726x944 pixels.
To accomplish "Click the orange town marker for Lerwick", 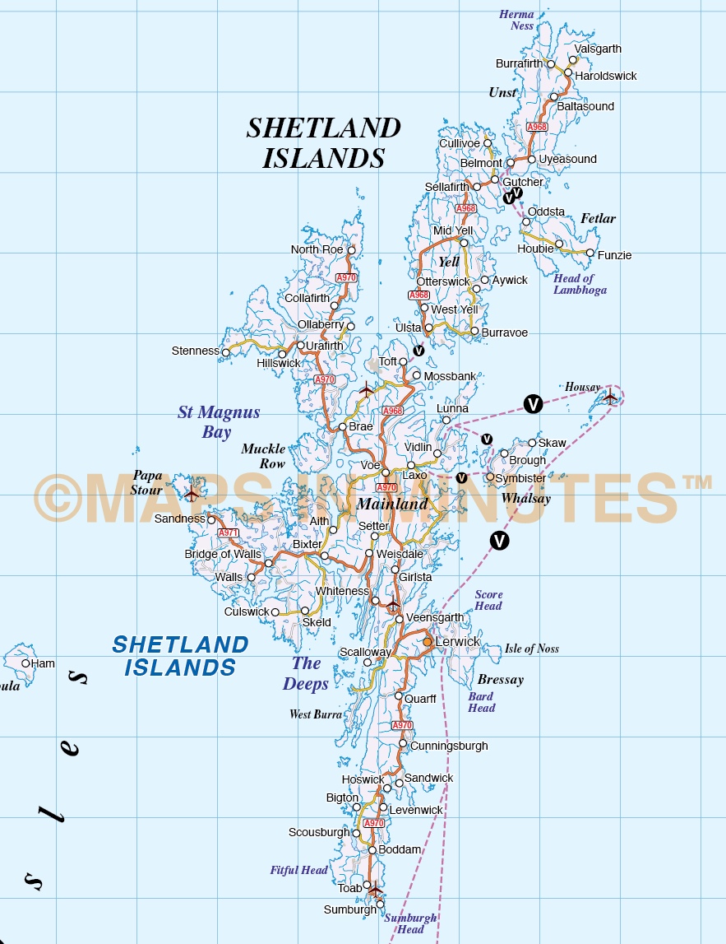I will [428, 641].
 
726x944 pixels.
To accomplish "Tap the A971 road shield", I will [228, 533].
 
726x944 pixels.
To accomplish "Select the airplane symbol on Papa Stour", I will [192, 495].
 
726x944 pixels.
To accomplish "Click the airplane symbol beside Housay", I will [609, 397].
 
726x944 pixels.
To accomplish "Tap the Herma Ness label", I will [516, 20].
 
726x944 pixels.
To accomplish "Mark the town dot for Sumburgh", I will [380, 904].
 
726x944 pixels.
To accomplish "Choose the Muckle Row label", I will [263, 456].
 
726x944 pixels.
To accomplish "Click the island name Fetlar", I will [598, 219].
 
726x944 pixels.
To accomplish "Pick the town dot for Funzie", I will [590, 253].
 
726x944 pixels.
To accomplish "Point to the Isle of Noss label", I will [532, 649].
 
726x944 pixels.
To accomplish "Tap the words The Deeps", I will [306, 673].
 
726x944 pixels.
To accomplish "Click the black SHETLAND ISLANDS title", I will [324, 142].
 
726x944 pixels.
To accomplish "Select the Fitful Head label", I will [299, 870].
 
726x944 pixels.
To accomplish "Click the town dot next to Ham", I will [25, 663].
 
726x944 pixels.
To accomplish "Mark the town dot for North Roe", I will [351, 250].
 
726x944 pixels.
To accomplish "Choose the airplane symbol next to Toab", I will [376, 890].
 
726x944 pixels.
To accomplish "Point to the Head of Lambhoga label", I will [580, 284].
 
